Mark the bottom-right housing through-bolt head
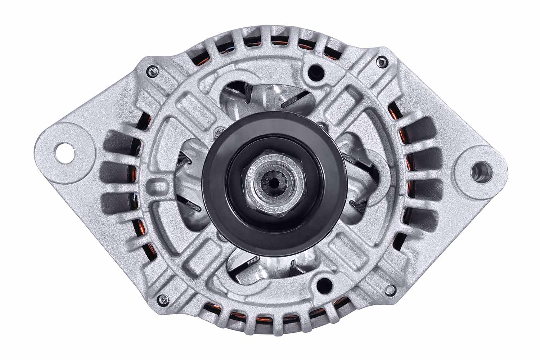[388, 289]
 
